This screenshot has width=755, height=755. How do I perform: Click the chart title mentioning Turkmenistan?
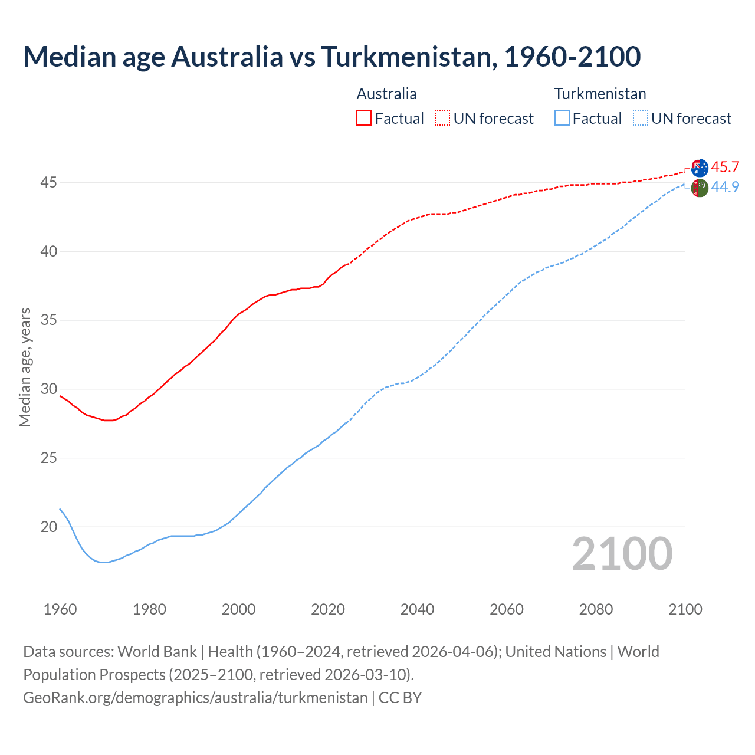(331, 57)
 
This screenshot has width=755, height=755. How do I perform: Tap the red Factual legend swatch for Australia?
(364, 118)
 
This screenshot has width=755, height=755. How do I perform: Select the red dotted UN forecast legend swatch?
(442, 118)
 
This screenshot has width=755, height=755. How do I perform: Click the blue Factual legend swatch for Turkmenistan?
(562, 118)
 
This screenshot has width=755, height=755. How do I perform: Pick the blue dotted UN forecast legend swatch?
(641, 118)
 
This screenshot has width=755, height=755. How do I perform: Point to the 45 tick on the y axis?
(48, 183)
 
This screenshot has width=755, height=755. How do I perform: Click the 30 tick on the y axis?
(48, 389)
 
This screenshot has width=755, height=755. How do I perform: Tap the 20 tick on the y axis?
(48, 527)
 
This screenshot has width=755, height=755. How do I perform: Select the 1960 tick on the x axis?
(60, 609)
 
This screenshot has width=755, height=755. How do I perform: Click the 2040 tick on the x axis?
(417, 609)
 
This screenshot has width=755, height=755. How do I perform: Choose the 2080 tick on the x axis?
(596, 609)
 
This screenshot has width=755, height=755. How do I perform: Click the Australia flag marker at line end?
(700, 168)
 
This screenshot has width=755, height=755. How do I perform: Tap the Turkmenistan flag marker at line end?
(700, 188)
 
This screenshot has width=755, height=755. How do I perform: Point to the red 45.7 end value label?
(725, 168)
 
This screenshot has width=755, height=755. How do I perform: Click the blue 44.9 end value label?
(725, 188)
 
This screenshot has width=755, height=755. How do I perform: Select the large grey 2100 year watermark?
(622, 553)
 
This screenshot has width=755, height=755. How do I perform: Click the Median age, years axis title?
(25, 367)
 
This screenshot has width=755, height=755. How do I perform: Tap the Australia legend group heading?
(386, 94)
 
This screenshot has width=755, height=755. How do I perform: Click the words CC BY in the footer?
(400, 698)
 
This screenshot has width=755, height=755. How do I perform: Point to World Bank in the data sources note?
(157, 652)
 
